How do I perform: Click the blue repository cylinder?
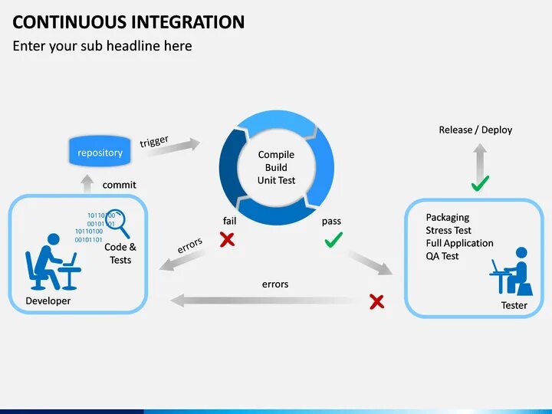pyautogui.click(x=100, y=152)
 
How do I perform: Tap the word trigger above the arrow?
pyautogui.click(x=154, y=142)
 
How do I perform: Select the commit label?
pyautogui.click(x=119, y=185)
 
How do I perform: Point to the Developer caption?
pyautogui.click(x=48, y=301)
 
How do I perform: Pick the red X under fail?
pyautogui.click(x=227, y=240)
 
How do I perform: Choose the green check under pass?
pyautogui.click(x=333, y=241)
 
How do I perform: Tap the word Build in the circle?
pyautogui.click(x=276, y=167)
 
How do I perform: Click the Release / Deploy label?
pyautogui.click(x=475, y=130)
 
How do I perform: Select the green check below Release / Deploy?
pyautogui.click(x=480, y=184)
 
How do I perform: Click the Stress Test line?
pyautogui.click(x=449, y=230)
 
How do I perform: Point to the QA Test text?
pyautogui.click(x=442, y=256)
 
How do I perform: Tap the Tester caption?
pyautogui.click(x=514, y=305)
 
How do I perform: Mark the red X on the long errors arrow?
pyautogui.click(x=376, y=301)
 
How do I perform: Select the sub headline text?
pyautogui.click(x=102, y=46)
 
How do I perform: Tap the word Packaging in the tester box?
pyautogui.click(x=447, y=217)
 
